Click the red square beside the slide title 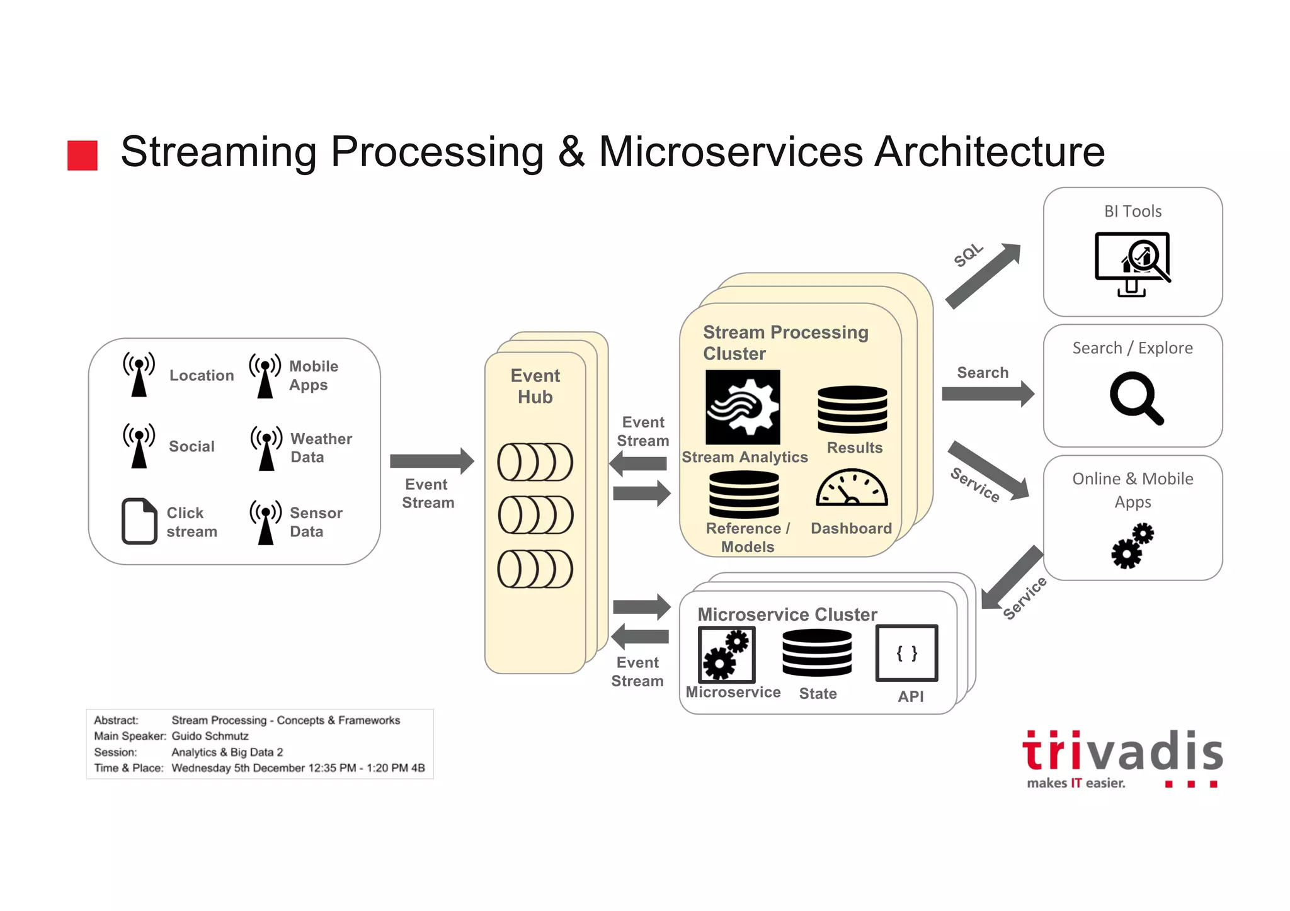coord(83,155)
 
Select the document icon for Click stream coord(139,521)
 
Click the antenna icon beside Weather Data coord(266,448)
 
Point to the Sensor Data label coord(316,522)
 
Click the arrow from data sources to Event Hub coord(431,461)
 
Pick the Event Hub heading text coord(535,386)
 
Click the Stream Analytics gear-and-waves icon coord(743,407)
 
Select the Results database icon coord(852,409)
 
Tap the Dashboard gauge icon coord(852,488)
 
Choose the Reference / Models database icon coord(744,494)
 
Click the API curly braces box coord(906,653)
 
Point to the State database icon coord(817,653)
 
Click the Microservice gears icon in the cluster coord(726,654)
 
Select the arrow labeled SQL coord(983,276)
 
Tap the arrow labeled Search coord(987,394)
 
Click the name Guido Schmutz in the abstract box coord(210,736)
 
